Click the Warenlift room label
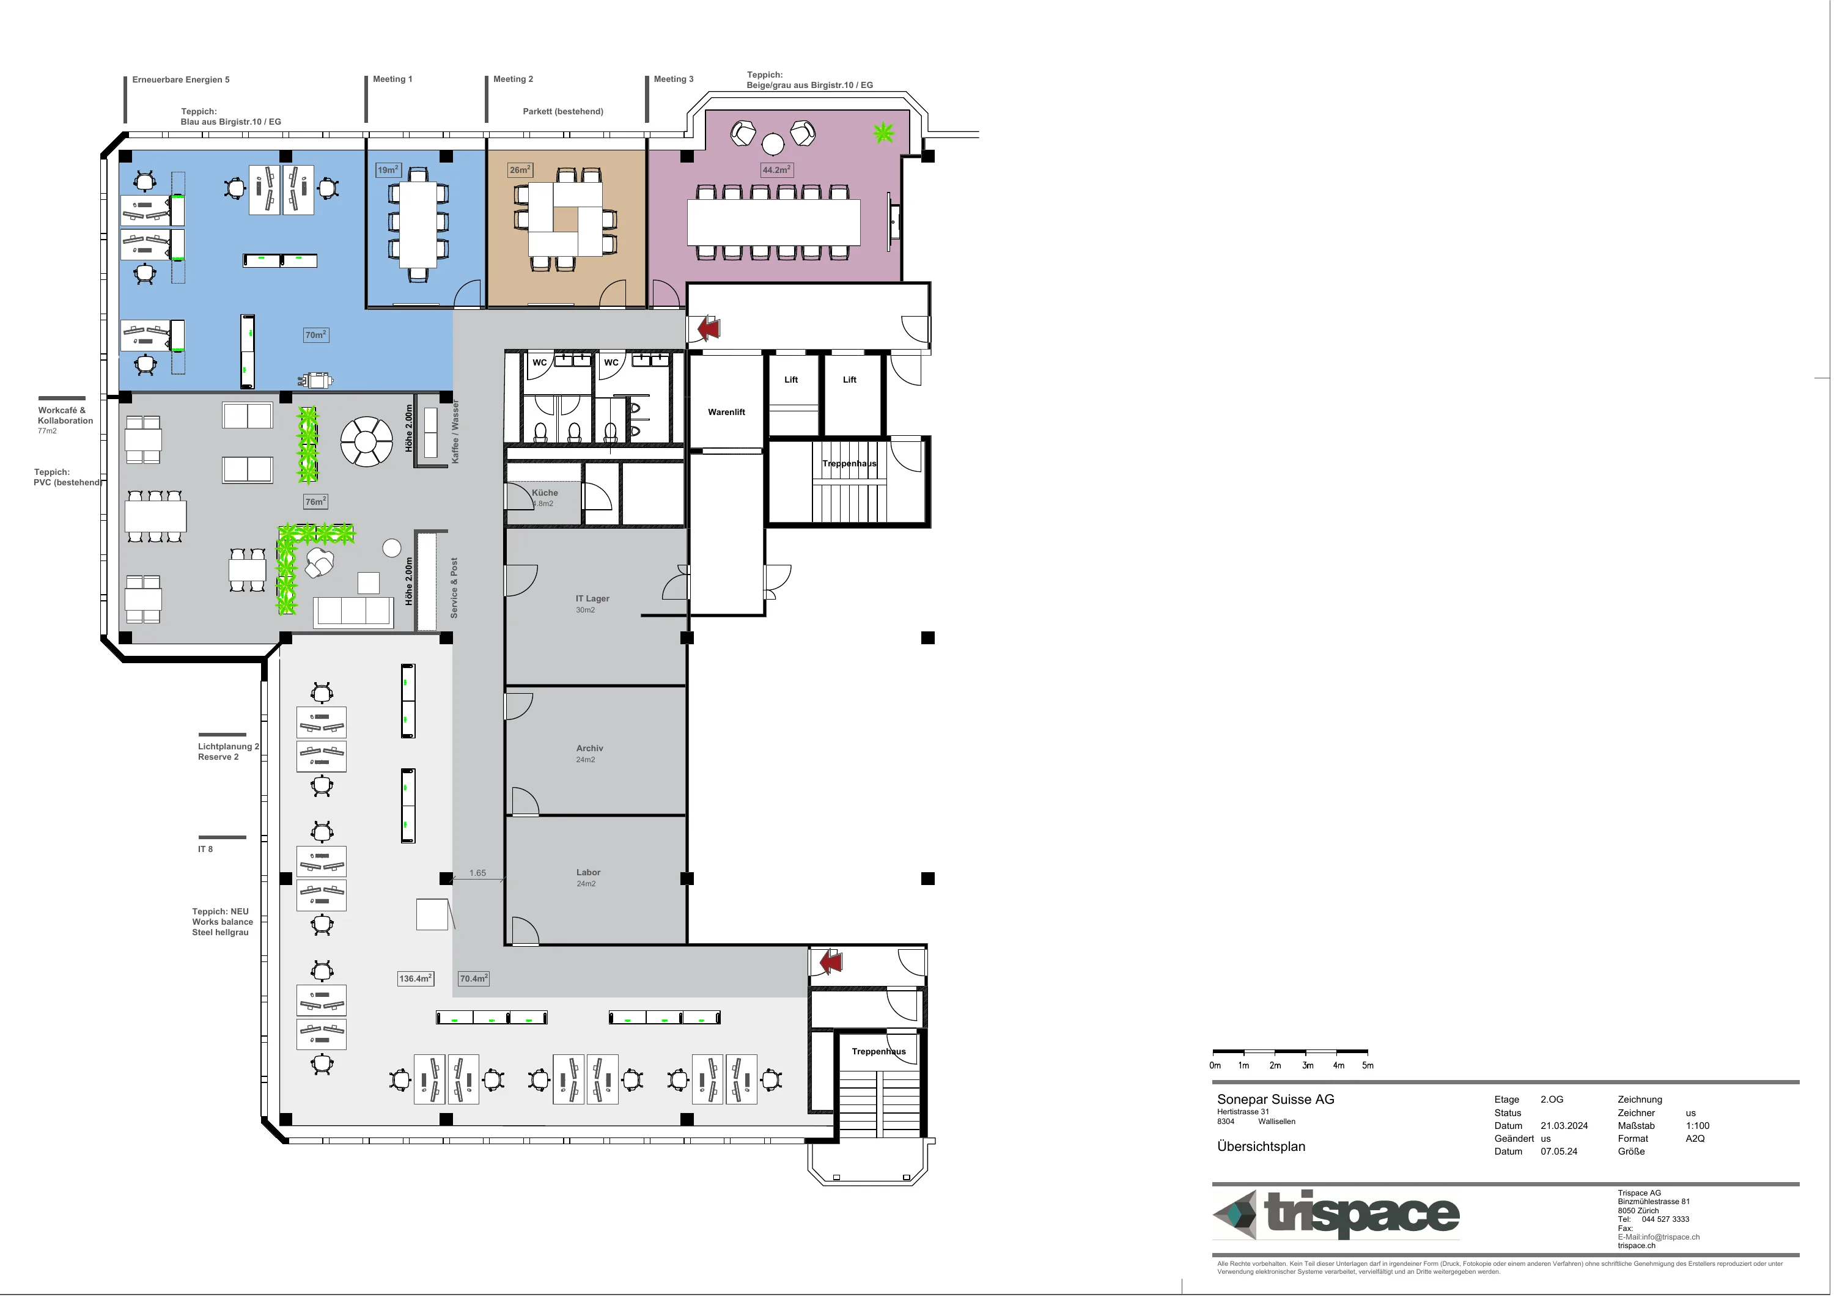click(726, 412)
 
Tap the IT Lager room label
click(593, 598)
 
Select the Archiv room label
click(589, 748)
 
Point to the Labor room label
click(588, 872)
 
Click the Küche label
click(545, 493)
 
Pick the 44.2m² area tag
click(776, 170)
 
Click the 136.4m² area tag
click(415, 979)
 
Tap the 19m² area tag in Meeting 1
click(388, 170)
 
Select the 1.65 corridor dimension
click(477, 873)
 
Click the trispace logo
click(1336, 1214)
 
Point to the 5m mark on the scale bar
click(1368, 1065)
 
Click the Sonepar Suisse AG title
click(1276, 1100)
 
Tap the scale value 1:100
click(1698, 1126)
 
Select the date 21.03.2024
click(1564, 1126)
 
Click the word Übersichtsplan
click(1261, 1147)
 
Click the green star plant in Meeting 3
click(883, 132)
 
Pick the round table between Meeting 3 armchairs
click(773, 144)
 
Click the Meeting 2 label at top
click(513, 79)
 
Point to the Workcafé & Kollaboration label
click(65, 415)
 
